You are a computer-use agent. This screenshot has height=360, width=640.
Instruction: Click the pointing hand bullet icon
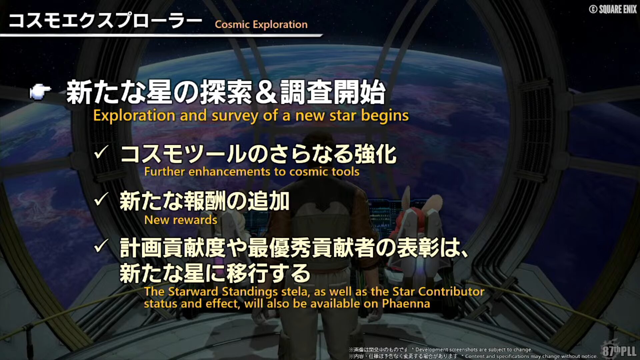pyautogui.click(x=40, y=92)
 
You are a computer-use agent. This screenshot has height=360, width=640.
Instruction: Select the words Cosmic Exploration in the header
pyautogui.click(x=261, y=24)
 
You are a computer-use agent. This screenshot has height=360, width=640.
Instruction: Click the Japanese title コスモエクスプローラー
pyautogui.click(x=105, y=21)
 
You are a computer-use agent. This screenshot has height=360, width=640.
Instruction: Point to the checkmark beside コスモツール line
pyautogui.click(x=101, y=153)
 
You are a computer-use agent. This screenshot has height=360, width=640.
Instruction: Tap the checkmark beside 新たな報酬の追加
pyautogui.click(x=101, y=200)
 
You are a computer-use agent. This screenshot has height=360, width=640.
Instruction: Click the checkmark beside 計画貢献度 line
pyautogui.click(x=101, y=246)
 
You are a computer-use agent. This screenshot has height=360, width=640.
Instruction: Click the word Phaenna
pyautogui.click(x=406, y=304)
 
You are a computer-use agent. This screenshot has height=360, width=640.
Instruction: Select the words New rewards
pyautogui.click(x=181, y=220)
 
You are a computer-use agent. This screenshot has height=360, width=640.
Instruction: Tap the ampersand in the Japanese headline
pyautogui.click(x=266, y=92)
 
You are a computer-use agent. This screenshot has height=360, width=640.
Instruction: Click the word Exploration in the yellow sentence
pyautogui.click(x=134, y=116)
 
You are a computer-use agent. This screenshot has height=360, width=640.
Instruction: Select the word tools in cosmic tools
pyautogui.click(x=346, y=172)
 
